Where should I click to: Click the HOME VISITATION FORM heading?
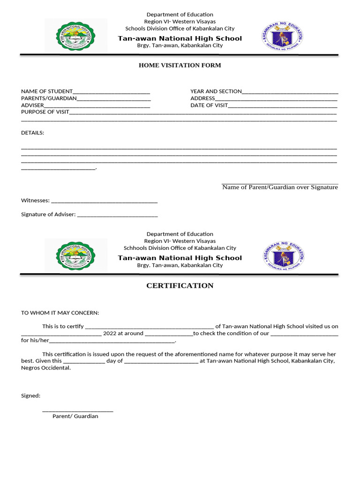point(180,65)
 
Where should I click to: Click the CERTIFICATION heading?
point(180,285)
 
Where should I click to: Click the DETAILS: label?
point(33,133)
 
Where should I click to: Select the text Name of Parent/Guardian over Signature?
point(280,187)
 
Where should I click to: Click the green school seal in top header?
point(75,35)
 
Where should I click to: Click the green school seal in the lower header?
point(76,255)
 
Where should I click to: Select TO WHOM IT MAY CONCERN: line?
point(60,313)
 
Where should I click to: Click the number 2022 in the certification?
point(110,333)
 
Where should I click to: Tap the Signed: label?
point(31,396)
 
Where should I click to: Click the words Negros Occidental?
point(46,368)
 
